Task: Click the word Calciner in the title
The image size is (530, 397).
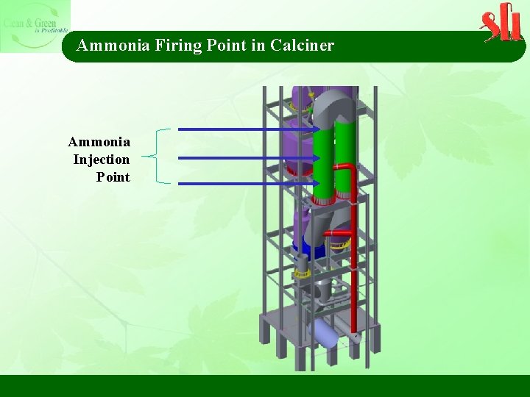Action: click(302, 46)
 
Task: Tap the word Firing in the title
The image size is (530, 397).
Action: click(176, 46)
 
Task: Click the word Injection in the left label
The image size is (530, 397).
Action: click(102, 160)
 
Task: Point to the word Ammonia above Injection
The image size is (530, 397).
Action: click(99, 142)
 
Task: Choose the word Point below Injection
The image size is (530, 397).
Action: click(113, 177)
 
